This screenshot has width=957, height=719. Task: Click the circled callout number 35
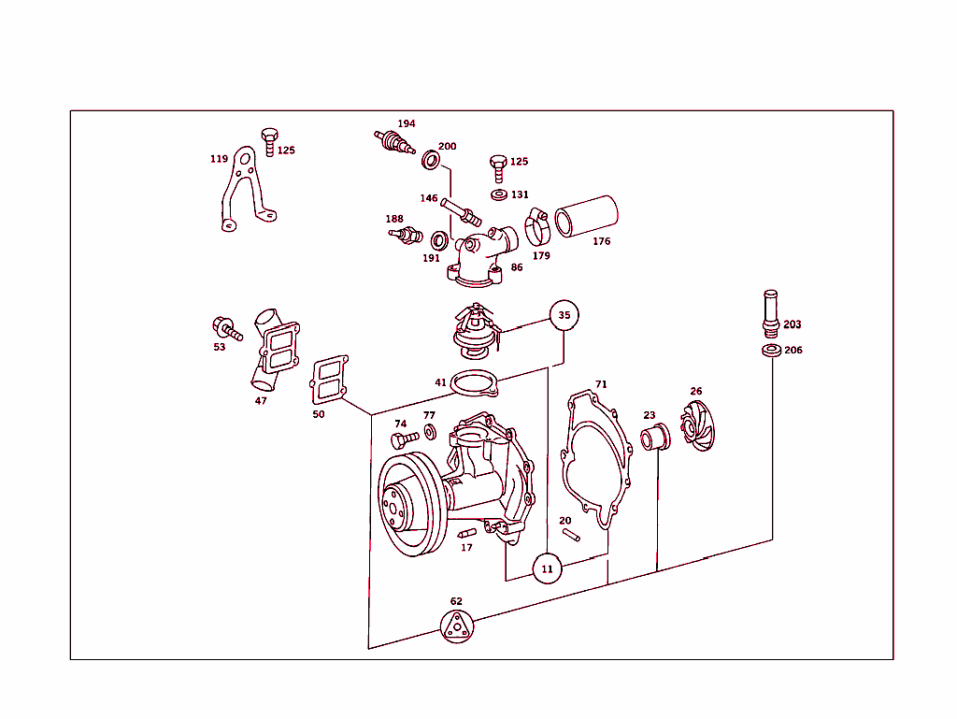[564, 316]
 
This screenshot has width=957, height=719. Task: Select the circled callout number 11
[548, 568]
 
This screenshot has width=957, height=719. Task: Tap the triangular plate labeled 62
[456, 626]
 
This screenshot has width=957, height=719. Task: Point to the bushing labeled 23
[652, 435]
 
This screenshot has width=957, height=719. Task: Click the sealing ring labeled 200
[431, 161]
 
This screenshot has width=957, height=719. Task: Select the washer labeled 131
[497, 194]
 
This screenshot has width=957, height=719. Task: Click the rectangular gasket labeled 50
[329, 380]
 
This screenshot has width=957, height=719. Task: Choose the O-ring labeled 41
[474, 383]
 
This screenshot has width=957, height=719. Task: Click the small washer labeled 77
[429, 431]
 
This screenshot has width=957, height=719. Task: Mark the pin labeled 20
[571, 535]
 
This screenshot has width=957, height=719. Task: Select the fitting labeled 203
[770, 313]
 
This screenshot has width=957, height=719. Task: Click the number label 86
[517, 267]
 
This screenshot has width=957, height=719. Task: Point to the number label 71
[601, 384]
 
